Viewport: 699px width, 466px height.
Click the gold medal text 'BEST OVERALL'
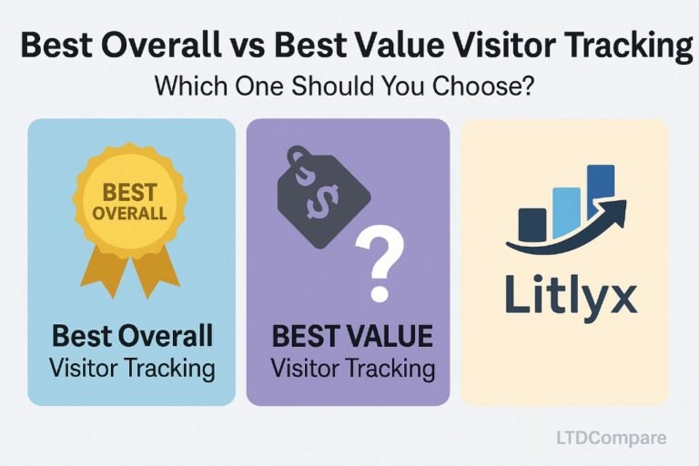(x=130, y=202)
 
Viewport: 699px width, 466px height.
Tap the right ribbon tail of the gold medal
(x=155, y=271)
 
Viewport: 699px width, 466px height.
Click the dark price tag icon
(x=322, y=198)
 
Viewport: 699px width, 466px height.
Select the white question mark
(x=380, y=263)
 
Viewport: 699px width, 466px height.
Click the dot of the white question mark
(x=380, y=293)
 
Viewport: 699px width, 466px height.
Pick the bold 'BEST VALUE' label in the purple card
(x=351, y=336)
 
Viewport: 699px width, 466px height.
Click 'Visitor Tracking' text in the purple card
(x=353, y=370)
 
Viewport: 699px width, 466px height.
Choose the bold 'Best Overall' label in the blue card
(x=132, y=336)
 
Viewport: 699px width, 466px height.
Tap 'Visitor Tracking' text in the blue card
(x=132, y=370)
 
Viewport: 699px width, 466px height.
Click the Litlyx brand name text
(x=571, y=295)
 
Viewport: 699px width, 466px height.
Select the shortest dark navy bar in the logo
(x=532, y=224)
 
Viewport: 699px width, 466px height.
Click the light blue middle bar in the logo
(x=566, y=212)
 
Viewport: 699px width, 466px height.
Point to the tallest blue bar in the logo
(x=601, y=192)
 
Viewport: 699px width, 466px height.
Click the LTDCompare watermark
(x=612, y=438)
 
